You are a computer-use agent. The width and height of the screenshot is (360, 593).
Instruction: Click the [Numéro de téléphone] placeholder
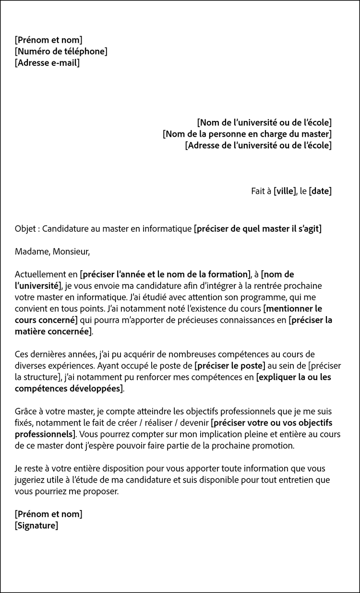pyautogui.click(x=61, y=51)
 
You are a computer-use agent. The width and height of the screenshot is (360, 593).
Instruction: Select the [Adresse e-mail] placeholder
pyautogui.click(x=47, y=63)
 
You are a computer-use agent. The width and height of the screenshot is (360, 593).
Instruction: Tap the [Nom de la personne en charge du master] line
pyautogui.click(x=247, y=134)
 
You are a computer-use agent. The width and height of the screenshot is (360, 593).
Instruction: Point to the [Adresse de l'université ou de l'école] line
pyautogui.click(x=258, y=145)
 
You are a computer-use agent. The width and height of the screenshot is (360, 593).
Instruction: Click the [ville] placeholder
pyautogui.click(x=285, y=191)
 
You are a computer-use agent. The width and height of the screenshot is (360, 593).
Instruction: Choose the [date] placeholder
pyautogui.click(x=320, y=191)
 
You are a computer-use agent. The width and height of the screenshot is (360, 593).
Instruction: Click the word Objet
pyautogui.click(x=24, y=228)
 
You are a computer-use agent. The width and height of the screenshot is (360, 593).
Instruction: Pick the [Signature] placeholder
pyautogui.click(x=36, y=525)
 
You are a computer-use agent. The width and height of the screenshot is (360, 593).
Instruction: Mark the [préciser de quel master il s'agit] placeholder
pyautogui.click(x=258, y=228)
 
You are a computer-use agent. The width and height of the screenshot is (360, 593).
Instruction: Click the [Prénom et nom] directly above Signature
pyautogui.click(x=48, y=514)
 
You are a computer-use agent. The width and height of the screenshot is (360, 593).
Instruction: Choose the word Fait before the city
pyautogui.click(x=258, y=191)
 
